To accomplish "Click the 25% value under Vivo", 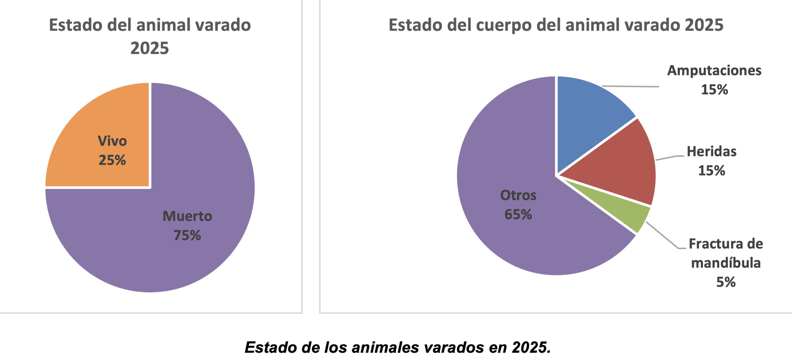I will pos(112,160).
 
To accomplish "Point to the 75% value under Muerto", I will pos(187,235).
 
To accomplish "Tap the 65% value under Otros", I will pos(518,215).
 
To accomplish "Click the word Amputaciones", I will pos(714,71).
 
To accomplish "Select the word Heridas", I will pos(712,152).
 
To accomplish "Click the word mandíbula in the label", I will pos(726,263).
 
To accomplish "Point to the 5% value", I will pos(726,282).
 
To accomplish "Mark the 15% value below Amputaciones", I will pos(714,90).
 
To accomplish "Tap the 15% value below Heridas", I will pos(712,171).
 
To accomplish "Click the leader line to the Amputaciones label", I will pos(631,86).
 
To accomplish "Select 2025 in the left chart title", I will pos(150,48).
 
